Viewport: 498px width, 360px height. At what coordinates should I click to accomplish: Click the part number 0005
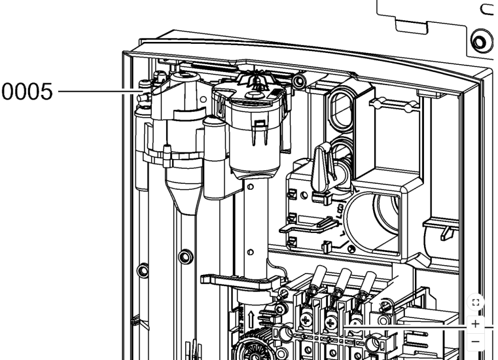[27, 92]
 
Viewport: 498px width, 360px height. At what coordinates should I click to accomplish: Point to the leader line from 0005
[101, 92]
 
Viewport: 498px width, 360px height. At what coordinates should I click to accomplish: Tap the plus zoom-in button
[476, 324]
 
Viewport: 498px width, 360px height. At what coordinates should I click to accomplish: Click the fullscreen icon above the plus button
[476, 302]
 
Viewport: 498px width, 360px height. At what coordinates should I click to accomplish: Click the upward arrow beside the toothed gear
[251, 319]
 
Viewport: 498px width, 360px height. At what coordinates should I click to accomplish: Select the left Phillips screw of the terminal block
[306, 320]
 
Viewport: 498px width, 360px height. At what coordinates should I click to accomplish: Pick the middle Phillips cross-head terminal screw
[330, 323]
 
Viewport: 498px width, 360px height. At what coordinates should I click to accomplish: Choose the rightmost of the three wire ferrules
[368, 281]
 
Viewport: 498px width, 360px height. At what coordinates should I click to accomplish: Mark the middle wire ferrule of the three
[343, 279]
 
